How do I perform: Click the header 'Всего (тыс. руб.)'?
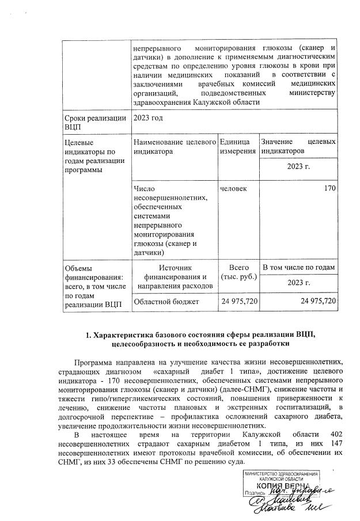pos(238,273)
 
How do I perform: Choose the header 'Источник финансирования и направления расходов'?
pos(173,276)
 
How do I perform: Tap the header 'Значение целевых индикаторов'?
pos(298,146)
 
